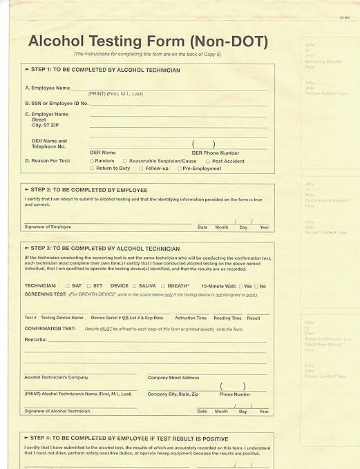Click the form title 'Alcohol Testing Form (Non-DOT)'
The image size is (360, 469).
click(148, 41)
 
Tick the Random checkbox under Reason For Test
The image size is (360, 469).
click(92, 161)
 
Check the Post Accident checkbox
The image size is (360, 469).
click(208, 161)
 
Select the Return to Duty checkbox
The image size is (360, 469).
click(92, 169)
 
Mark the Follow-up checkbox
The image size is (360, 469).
click(141, 169)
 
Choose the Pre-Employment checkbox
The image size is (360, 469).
click(180, 169)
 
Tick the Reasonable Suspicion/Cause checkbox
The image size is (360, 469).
click(125, 161)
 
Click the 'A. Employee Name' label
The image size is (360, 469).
click(47, 88)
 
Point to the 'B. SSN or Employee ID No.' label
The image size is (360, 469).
click(57, 103)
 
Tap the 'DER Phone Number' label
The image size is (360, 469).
click(216, 153)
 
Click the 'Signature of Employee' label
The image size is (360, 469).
click(48, 227)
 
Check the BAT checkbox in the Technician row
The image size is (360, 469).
click(67, 285)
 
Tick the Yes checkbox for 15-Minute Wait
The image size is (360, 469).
click(240, 286)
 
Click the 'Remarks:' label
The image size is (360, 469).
click(35, 340)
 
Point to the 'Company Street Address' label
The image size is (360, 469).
click(173, 378)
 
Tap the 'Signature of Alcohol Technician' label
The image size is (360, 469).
click(57, 411)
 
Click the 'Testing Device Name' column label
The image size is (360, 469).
click(62, 318)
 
